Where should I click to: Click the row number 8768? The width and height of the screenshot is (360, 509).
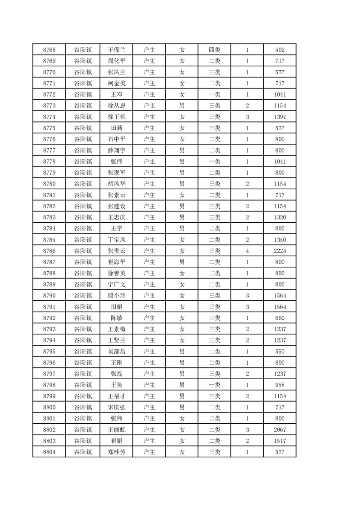[x=49, y=50]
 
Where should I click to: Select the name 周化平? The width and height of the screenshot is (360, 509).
[x=116, y=61]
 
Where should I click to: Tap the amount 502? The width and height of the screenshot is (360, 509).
[x=280, y=50]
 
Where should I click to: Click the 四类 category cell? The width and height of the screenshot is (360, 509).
[x=214, y=50]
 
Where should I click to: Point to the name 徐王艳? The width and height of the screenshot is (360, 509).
[x=116, y=117]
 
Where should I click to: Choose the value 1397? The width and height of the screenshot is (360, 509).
[x=280, y=117]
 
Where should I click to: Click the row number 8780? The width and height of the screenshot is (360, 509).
[x=49, y=184]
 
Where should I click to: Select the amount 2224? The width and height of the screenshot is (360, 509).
[x=280, y=251]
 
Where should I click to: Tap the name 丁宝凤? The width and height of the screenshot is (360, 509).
[x=116, y=240]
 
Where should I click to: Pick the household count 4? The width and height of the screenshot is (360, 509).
[x=247, y=251]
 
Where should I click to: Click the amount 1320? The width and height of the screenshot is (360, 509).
[x=280, y=217]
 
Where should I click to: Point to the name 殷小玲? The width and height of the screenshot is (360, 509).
[x=116, y=295]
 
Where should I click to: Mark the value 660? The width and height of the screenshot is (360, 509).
[x=280, y=318]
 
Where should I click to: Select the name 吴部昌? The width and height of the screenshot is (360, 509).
[x=116, y=351]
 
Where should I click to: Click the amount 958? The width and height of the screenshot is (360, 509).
[x=280, y=385]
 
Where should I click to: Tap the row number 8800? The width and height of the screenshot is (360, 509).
[x=49, y=407]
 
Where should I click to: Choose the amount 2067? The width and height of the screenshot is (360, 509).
[x=280, y=430]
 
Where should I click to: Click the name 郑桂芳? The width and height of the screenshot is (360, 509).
[x=116, y=452]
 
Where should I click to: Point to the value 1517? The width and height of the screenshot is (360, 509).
[x=280, y=440]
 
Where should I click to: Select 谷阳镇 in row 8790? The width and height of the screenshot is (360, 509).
[x=83, y=295]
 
